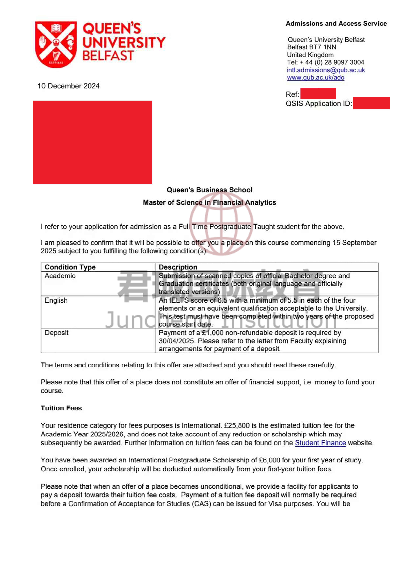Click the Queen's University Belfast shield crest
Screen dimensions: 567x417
tap(56, 44)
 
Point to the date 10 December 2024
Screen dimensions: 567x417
tap(68, 86)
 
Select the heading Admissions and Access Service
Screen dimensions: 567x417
tap(336, 23)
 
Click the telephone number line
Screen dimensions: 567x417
tap(325, 62)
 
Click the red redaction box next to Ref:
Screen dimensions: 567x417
tap(318, 94)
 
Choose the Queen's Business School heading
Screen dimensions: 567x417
tap(209, 190)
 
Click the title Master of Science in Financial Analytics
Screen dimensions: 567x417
tap(209, 202)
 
